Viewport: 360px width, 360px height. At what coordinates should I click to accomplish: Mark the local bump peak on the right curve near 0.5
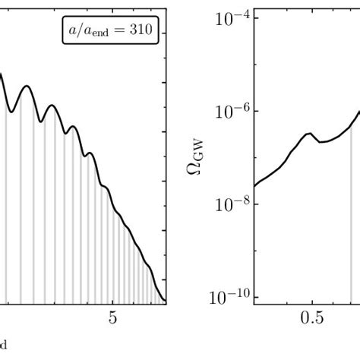click(308, 134)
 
